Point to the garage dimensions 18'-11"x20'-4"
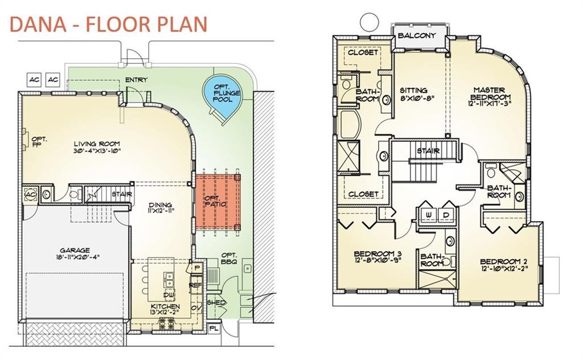[76, 256]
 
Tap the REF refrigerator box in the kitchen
[196, 285]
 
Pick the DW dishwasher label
[169, 295]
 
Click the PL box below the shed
[214, 329]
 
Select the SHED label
[216, 302]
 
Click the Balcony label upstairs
[416, 36]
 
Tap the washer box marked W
[428, 215]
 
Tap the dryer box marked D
[445, 215]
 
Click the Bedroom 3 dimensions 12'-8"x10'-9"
[377, 260]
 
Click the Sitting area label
[413, 91]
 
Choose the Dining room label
[160, 204]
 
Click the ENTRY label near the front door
[136, 80]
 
